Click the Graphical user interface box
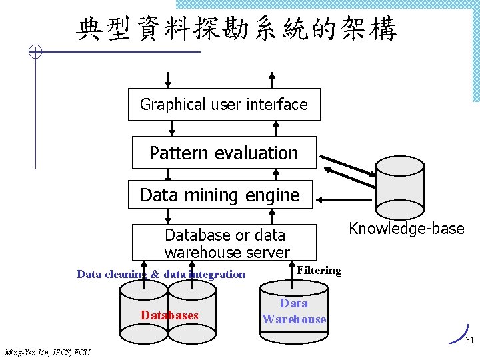click(x=224, y=105)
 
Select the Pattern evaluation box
click(x=223, y=153)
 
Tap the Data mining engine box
click(x=220, y=195)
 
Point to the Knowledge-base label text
click(x=406, y=229)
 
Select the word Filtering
click(x=319, y=271)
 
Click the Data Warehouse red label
click(x=294, y=311)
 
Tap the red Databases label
click(x=169, y=315)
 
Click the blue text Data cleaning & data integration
click(x=161, y=274)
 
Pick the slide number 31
click(x=469, y=340)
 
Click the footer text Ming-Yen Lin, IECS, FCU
click(x=47, y=352)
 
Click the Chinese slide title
click(x=237, y=29)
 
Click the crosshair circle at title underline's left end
click(x=37, y=52)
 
